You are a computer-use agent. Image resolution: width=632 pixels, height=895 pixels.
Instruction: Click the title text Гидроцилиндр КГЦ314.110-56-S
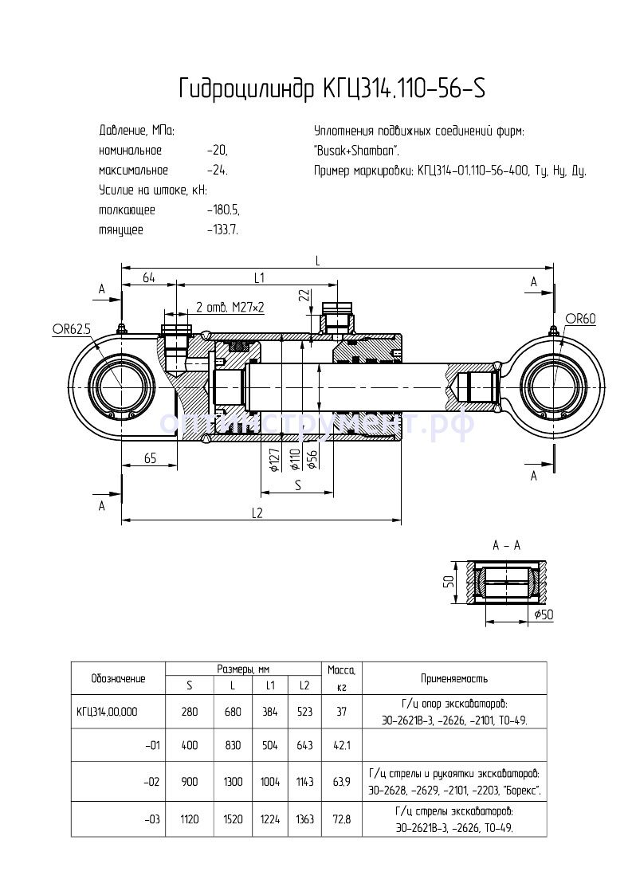click(x=332, y=88)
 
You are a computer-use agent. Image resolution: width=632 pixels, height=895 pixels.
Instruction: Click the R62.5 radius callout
click(x=71, y=328)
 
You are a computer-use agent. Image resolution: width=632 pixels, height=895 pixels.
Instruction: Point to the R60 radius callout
click(x=581, y=319)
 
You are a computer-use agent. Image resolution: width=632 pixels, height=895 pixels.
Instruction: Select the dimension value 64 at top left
click(x=148, y=277)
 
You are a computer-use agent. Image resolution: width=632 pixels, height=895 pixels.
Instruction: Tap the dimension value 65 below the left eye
click(x=148, y=457)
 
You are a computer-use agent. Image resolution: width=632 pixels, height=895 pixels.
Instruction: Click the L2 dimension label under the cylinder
click(x=257, y=513)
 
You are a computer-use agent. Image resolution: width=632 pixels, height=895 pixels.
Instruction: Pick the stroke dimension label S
click(x=297, y=485)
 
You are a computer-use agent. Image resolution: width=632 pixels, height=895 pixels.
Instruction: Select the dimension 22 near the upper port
click(x=304, y=295)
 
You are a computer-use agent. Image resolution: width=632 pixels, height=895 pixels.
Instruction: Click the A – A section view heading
click(x=506, y=545)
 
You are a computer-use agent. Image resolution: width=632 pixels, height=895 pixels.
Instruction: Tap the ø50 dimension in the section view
click(x=544, y=614)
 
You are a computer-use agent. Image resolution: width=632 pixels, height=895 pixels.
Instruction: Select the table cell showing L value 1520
click(x=234, y=819)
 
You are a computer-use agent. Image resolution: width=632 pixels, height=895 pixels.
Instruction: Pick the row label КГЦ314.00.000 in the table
click(x=107, y=712)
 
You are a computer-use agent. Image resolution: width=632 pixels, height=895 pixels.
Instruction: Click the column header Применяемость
click(x=454, y=678)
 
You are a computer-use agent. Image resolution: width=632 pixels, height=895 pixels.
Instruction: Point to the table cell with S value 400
click(x=190, y=746)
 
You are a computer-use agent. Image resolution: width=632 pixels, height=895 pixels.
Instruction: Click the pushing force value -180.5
click(x=222, y=210)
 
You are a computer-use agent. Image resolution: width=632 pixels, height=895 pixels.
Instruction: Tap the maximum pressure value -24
click(x=216, y=171)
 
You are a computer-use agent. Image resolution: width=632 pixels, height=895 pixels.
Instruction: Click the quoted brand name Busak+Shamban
click(x=357, y=151)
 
